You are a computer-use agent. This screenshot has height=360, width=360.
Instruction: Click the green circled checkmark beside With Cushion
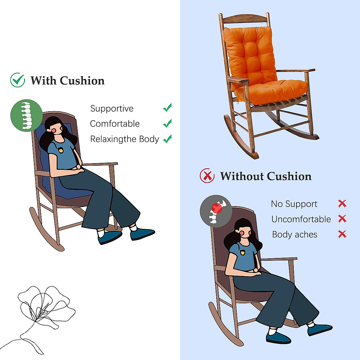coord(17,80)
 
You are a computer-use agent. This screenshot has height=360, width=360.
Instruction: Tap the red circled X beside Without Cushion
coord(207,176)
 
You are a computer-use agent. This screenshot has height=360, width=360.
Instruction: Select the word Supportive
coord(112,109)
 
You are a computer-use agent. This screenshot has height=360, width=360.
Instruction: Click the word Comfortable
coord(115,124)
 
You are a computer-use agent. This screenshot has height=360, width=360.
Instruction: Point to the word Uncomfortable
coord(301,219)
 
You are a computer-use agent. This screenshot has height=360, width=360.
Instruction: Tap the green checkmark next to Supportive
coord(167,107)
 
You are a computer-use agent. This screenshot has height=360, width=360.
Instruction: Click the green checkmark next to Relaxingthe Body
coord(167,139)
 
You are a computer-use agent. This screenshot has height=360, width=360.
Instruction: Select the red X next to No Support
coord(342,204)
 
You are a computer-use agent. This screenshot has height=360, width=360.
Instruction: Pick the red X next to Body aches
coord(342,234)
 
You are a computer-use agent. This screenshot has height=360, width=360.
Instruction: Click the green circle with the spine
coord(26,115)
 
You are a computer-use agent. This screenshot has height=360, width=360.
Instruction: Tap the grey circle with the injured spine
coord(216,211)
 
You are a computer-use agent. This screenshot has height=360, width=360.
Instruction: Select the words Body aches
coord(294,235)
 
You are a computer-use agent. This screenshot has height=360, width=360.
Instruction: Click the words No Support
coord(294,204)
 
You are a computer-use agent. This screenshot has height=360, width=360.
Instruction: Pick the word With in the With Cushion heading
coord(43,81)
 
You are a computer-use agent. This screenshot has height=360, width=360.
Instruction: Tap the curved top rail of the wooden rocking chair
coord(244,19)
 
